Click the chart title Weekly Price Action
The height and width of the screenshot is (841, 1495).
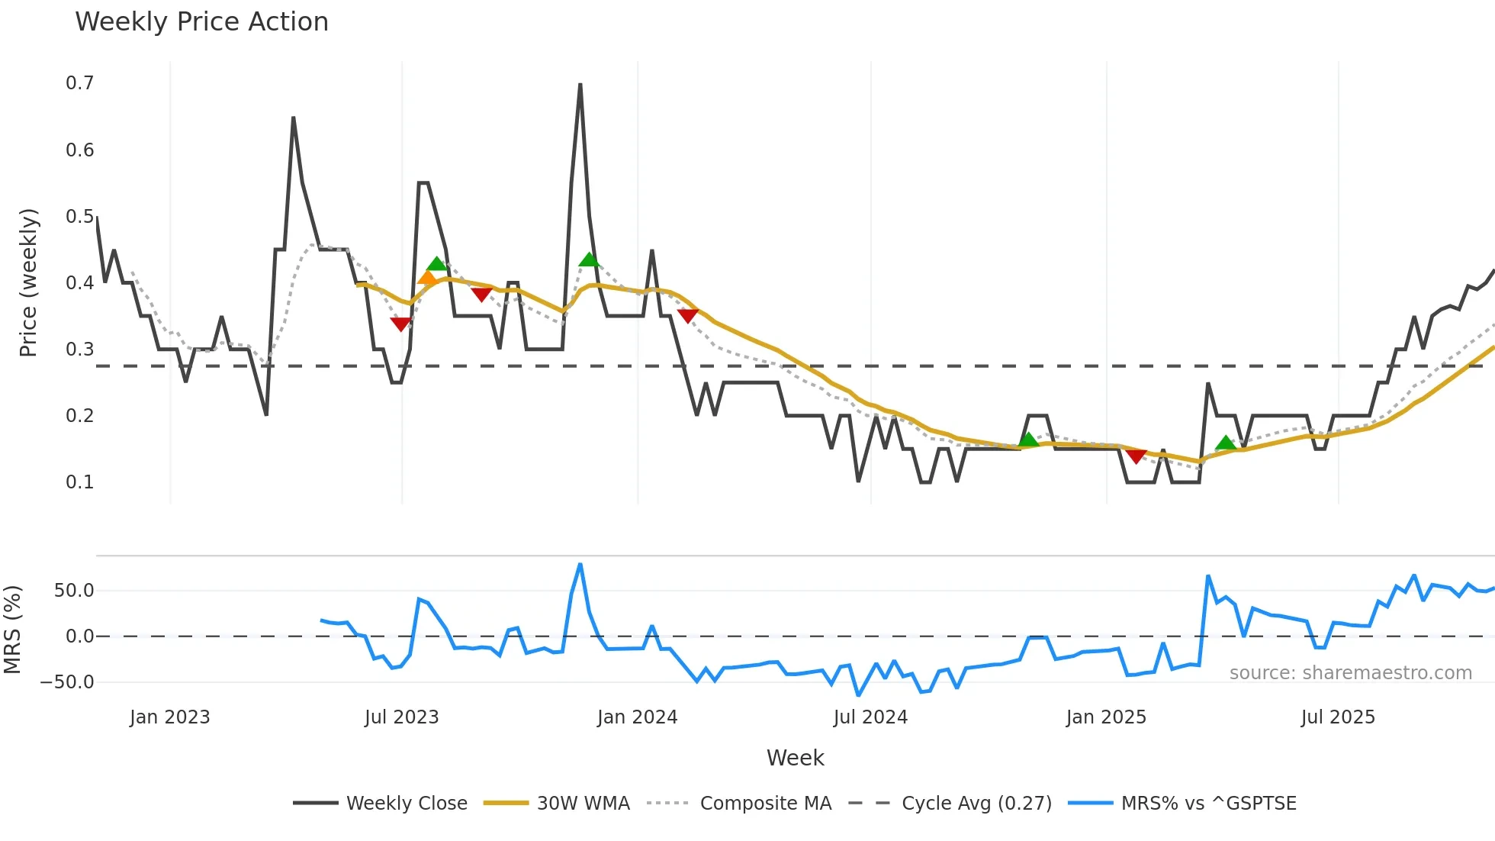point(201,22)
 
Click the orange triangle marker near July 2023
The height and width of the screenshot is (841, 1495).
point(427,278)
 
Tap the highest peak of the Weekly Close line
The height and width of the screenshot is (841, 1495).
point(580,85)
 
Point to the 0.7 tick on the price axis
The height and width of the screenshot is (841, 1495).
point(79,83)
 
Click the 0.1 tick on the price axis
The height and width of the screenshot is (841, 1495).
point(79,482)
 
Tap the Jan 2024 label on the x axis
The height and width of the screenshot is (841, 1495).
point(637,717)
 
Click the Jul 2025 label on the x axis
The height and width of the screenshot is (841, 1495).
point(1338,717)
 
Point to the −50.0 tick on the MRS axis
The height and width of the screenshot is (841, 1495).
point(67,682)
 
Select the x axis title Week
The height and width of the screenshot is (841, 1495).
point(795,758)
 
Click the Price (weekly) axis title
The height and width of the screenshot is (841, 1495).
point(28,282)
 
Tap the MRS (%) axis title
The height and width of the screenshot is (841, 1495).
point(12,630)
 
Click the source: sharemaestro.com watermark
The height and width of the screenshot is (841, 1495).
point(1350,673)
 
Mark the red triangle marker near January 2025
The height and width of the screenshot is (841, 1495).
point(1137,456)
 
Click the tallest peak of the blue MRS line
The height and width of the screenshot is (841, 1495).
point(580,565)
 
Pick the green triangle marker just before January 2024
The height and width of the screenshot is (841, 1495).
point(589,259)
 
